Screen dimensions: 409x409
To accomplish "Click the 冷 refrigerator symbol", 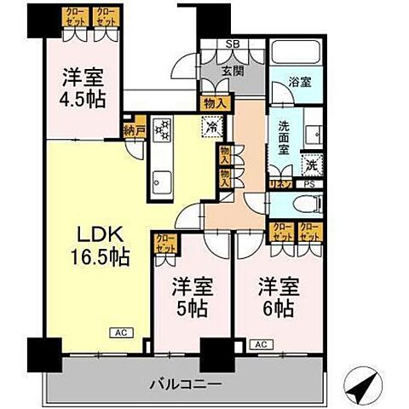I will (x=211, y=127).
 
